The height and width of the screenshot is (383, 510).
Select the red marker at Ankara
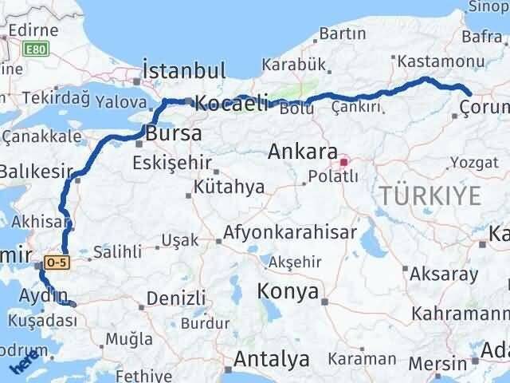tap(344, 164)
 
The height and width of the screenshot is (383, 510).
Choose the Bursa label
tap(173, 132)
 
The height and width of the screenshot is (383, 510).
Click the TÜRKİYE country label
tap(430, 195)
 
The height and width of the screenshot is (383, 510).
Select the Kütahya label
tap(229, 188)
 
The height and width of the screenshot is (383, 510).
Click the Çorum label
tap(484, 108)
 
